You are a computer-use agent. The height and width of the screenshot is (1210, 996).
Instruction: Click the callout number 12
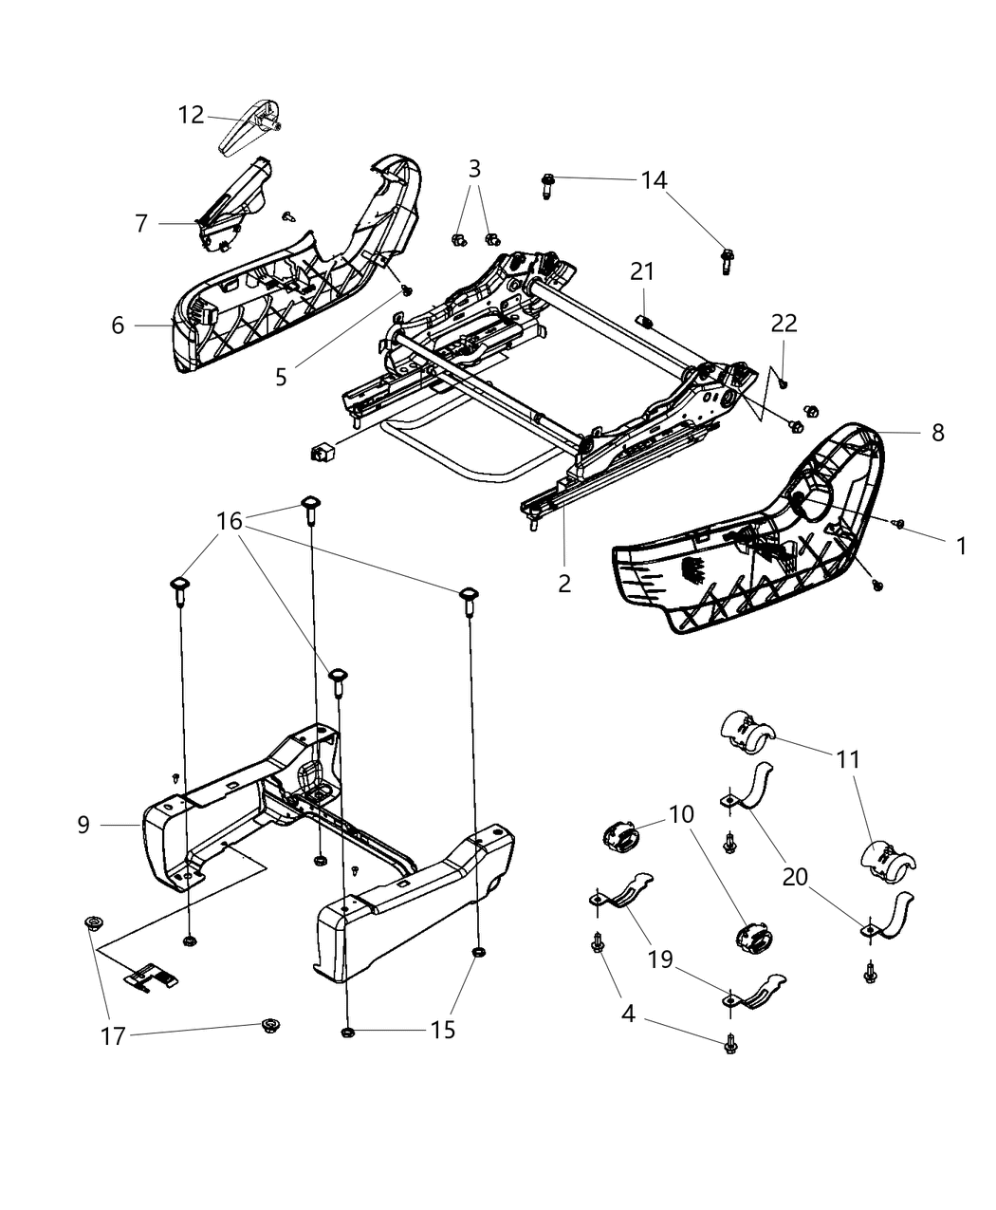click(x=191, y=115)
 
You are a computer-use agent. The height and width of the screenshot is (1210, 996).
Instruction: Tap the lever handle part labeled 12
click(x=249, y=126)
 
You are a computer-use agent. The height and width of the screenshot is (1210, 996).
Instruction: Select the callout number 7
click(x=141, y=223)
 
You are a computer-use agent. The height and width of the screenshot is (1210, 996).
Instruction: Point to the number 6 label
click(x=118, y=326)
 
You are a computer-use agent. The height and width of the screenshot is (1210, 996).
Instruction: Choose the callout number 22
click(x=784, y=324)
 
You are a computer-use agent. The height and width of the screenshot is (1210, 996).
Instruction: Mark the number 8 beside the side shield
click(x=937, y=433)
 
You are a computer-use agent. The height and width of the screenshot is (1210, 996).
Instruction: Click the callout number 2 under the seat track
click(x=564, y=583)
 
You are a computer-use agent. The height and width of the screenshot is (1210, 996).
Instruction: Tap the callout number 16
click(x=230, y=521)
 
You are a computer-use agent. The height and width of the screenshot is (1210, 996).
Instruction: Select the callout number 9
click(x=83, y=825)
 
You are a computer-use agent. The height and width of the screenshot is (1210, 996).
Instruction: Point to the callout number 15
click(x=442, y=1030)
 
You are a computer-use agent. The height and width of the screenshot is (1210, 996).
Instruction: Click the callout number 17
click(x=113, y=1036)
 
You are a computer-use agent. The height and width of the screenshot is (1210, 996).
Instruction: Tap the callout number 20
click(x=795, y=877)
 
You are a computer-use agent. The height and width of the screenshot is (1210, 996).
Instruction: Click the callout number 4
click(x=628, y=1013)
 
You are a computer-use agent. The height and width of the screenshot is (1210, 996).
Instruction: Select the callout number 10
click(x=680, y=814)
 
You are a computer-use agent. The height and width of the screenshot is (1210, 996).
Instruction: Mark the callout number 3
click(x=474, y=169)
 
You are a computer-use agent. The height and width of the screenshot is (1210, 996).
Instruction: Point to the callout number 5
click(x=281, y=377)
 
